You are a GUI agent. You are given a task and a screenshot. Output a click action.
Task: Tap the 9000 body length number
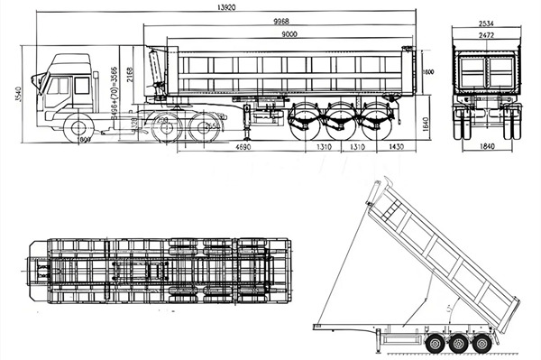point(289,34)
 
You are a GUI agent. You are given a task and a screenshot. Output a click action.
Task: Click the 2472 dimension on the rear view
point(486,34)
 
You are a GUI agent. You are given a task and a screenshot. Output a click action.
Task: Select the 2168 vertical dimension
point(131,74)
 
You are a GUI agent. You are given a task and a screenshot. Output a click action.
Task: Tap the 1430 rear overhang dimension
point(395,146)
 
